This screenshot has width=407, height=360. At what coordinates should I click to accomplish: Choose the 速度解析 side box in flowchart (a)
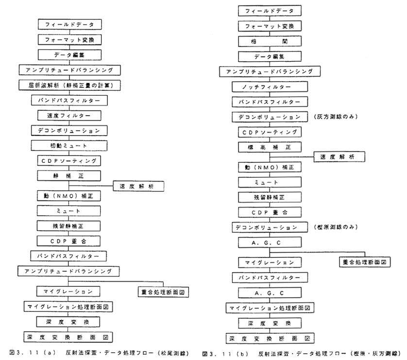138,186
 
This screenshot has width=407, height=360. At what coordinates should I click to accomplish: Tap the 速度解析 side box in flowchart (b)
340,156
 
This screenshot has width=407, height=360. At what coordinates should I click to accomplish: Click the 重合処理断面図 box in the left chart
164,292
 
